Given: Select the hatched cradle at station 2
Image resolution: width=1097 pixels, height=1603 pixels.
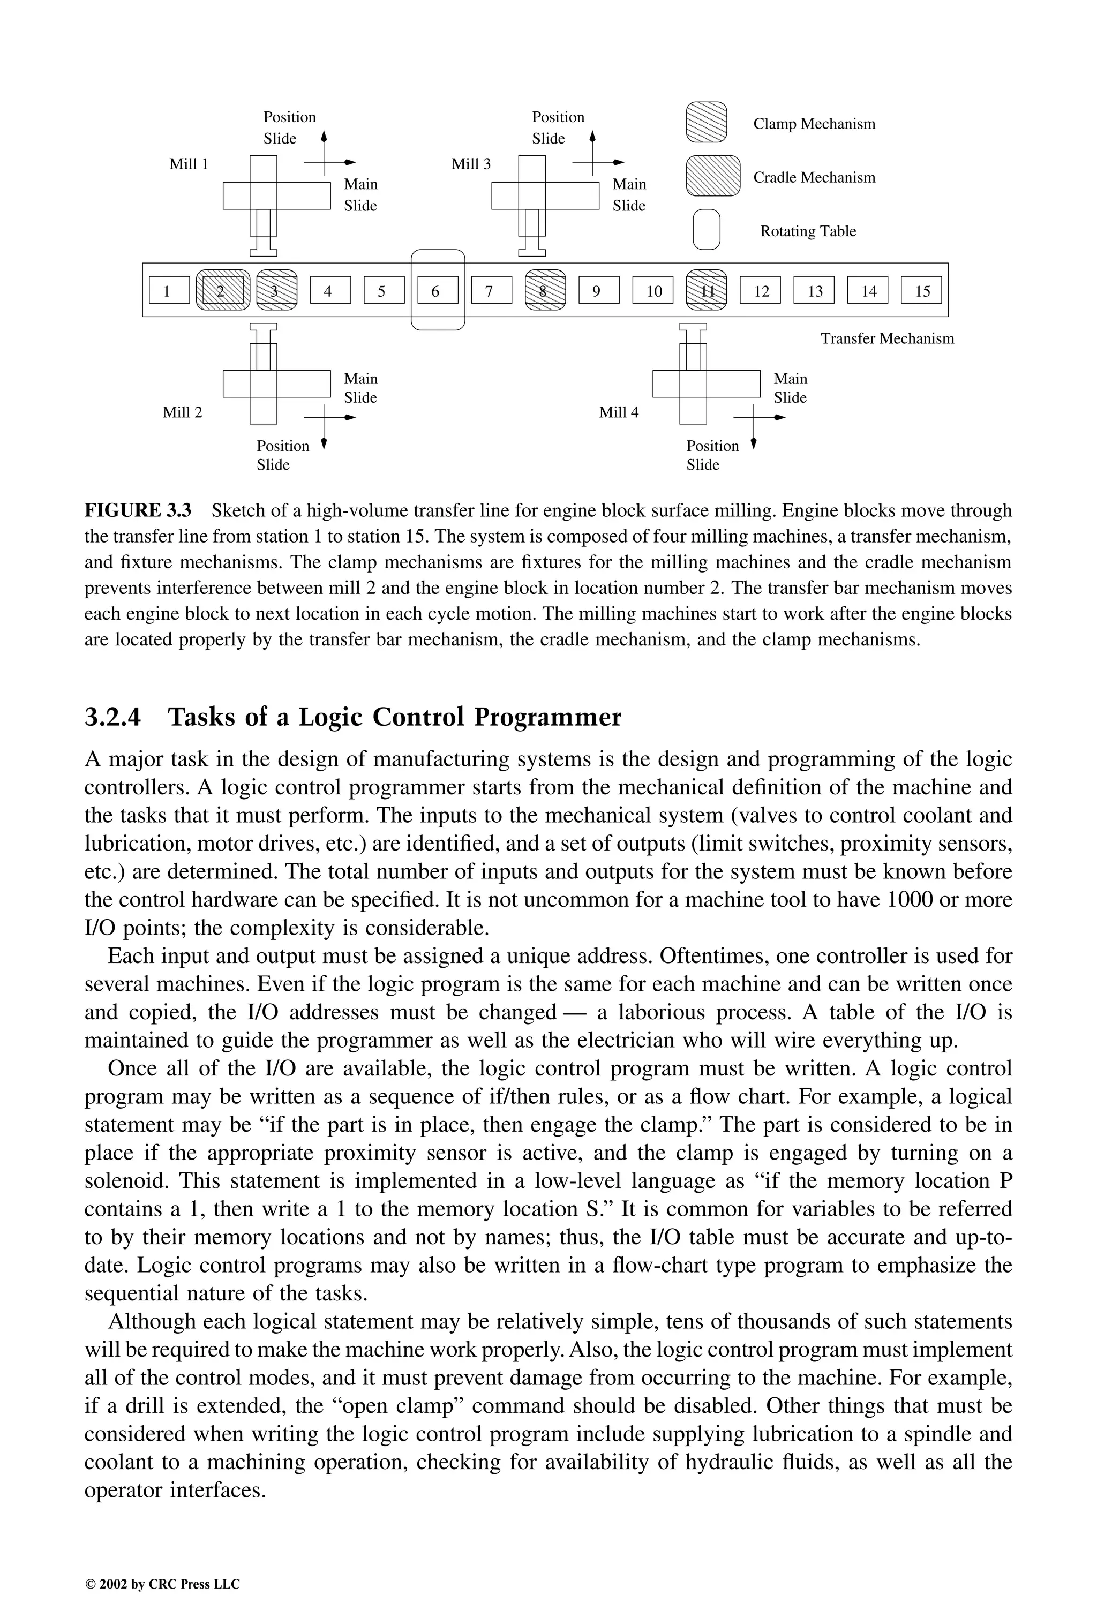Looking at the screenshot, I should (222, 290).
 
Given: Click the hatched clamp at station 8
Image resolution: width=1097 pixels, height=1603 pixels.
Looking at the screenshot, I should (545, 290).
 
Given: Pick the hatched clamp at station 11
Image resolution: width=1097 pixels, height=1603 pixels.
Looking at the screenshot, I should (707, 290).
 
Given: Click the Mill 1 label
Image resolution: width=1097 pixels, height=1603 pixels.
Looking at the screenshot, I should (189, 164).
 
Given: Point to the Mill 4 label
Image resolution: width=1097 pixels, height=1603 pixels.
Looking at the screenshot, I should (618, 412).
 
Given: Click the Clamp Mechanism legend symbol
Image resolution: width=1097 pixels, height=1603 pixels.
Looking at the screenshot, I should (706, 122).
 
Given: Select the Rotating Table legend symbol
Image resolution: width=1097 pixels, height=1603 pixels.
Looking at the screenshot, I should (706, 229).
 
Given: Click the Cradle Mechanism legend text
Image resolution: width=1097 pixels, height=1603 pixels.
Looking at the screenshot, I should (814, 178).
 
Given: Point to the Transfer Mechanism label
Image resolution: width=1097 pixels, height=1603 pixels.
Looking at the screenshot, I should (886, 338).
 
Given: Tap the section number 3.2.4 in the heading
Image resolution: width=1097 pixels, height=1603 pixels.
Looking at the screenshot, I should (112, 717).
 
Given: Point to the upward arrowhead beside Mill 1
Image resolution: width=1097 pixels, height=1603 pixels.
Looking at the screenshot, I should (324, 136).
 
